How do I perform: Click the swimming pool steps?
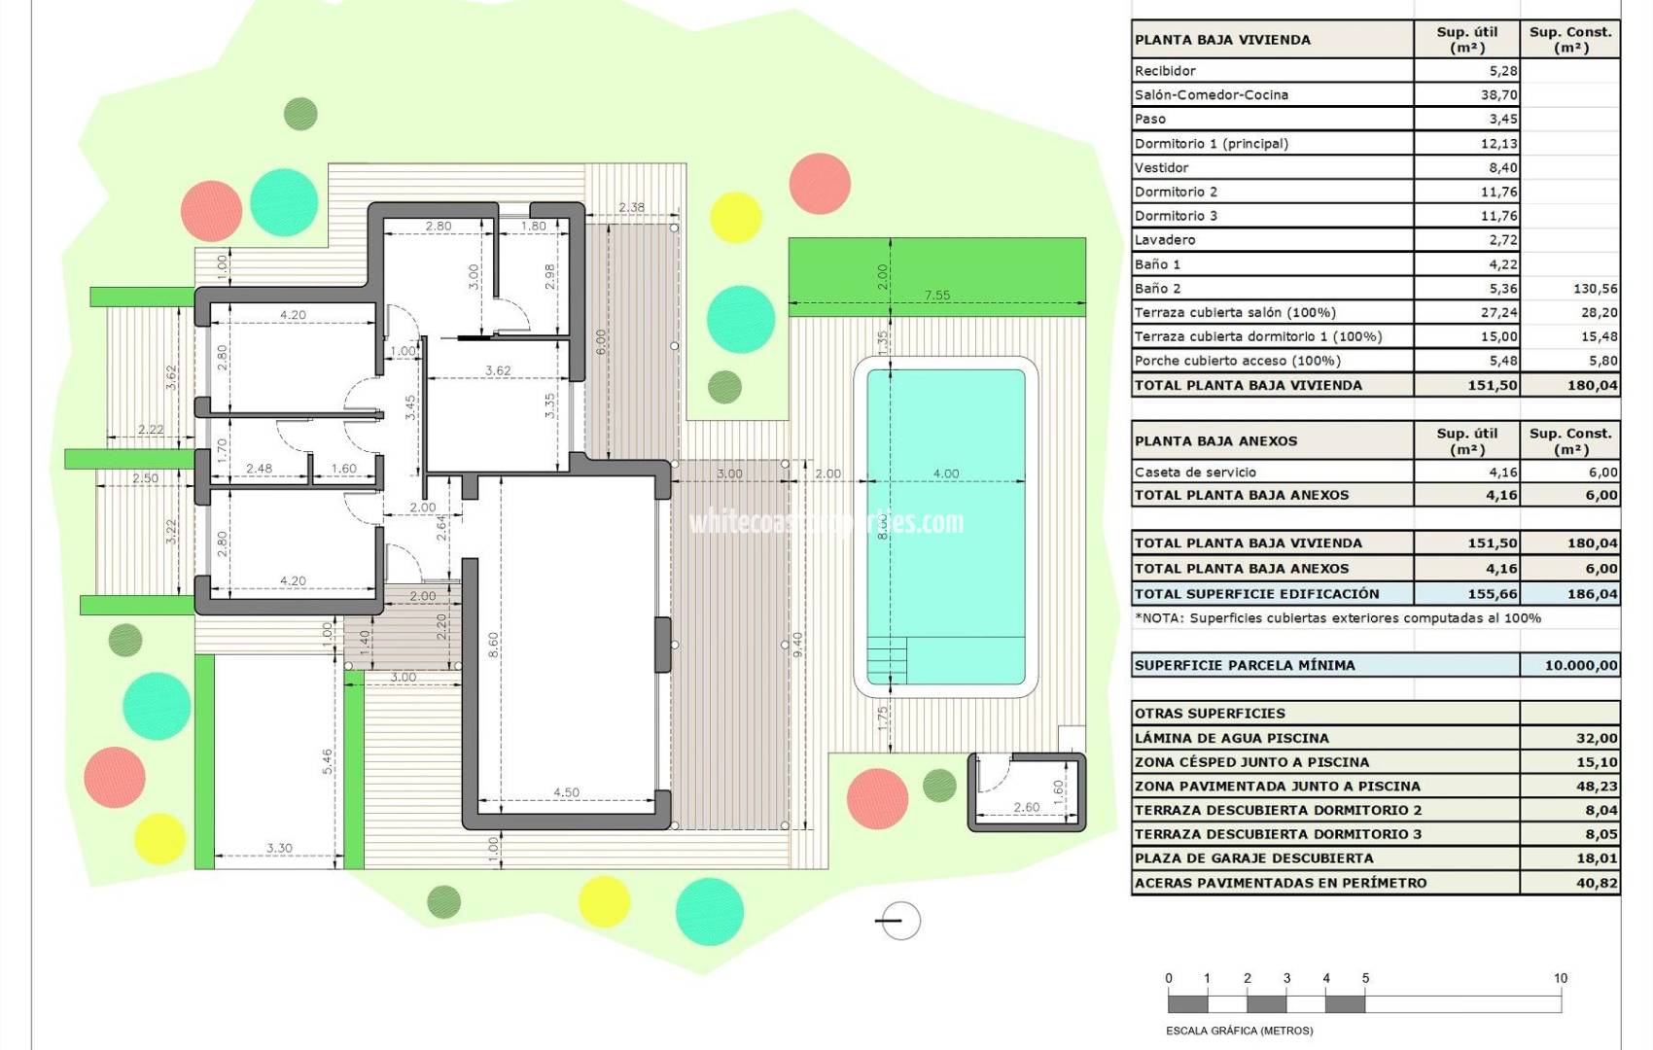pyautogui.click(x=886, y=661)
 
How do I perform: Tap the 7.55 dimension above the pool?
pyautogui.click(x=936, y=296)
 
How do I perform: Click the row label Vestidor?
pyautogui.click(x=1161, y=167)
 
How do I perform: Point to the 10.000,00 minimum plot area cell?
pyautogui.click(x=1580, y=666)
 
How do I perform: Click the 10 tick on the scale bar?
pyautogui.click(x=1560, y=978)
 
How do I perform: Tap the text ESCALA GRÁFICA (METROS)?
pyautogui.click(x=1239, y=1031)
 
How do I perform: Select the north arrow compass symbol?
pyautogui.click(x=899, y=921)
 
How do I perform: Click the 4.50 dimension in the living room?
pyautogui.click(x=566, y=792)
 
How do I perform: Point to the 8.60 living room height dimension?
pyautogui.click(x=493, y=644)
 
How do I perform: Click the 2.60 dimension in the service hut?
pyautogui.click(x=1026, y=807)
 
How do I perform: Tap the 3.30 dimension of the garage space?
pyautogui.click(x=279, y=848)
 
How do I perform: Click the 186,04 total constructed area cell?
pyautogui.click(x=1591, y=594)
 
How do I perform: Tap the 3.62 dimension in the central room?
pyautogui.click(x=498, y=370)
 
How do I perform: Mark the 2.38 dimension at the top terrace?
pyautogui.click(x=631, y=207)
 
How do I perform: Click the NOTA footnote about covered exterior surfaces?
pyautogui.click(x=1337, y=618)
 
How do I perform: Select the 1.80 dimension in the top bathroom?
pyautogui.click(x=533, y=226)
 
